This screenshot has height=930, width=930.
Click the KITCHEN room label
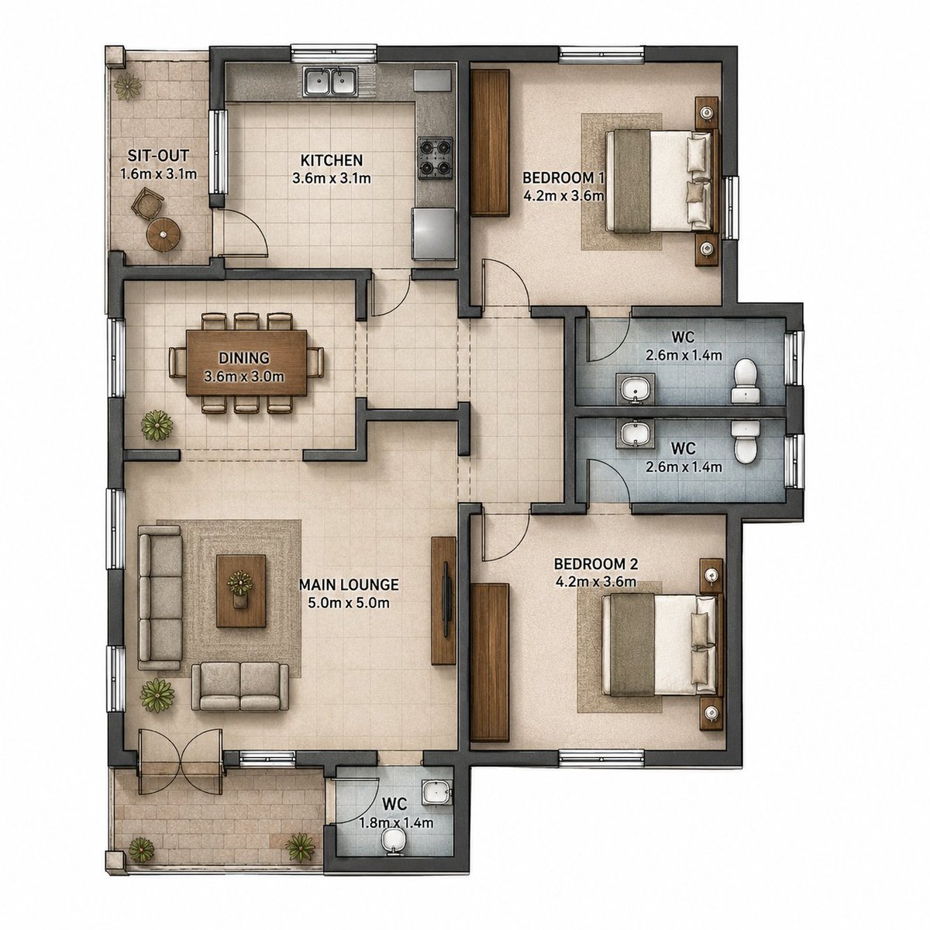(x=331, y=160)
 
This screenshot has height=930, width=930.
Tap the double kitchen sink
(x=331, y=81)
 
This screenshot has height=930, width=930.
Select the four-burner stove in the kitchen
(x=436, y=158)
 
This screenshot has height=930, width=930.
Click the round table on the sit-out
(x=164, y=234)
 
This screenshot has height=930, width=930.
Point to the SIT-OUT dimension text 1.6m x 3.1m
(x=158, y=174)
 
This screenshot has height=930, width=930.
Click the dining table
(x=246, y=362)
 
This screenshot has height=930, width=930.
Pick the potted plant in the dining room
(x=157, y=425)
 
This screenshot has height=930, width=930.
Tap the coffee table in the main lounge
(x=241, y=591)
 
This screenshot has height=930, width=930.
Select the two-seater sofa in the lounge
(x=240, y=686)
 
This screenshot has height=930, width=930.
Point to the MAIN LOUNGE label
(x=349, y=584)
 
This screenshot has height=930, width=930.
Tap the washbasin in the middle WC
(x=635, y=433)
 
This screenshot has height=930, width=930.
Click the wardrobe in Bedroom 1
(x=490, y=142)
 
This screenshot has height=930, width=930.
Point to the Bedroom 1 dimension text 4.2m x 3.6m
(x=563, y=196)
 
